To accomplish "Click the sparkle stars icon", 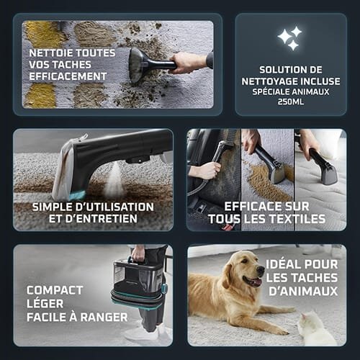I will [x=289, y=38].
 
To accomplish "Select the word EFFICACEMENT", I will [x=68, y=76].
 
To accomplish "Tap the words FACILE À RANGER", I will [x=77, y=317].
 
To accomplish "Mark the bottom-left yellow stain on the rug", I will [x=40, y=95].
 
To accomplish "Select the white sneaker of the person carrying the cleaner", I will [x=137, y=331].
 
